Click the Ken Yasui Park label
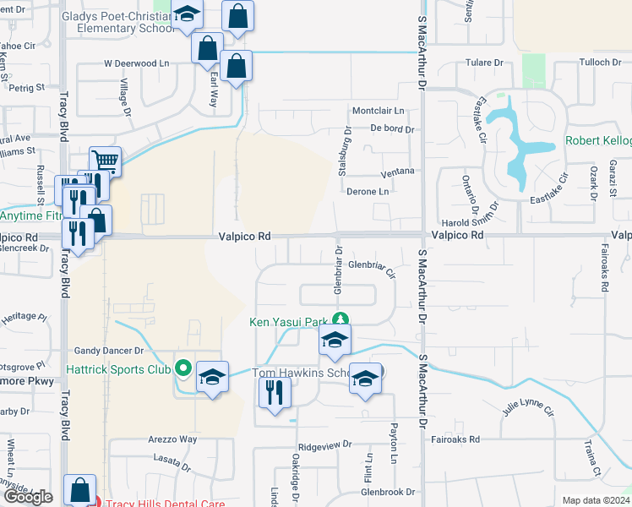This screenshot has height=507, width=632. tap(287, 322)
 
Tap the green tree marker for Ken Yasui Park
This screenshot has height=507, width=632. tap(340, 320)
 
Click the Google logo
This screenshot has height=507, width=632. tap(28, 497)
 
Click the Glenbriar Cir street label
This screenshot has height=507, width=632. tap(372, 268)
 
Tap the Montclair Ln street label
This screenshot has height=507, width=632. tap(378, 111)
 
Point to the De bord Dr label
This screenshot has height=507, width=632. tap(392, 129)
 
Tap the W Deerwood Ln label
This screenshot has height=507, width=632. tap(136, 63)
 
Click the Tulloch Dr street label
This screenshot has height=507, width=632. tap(600, 63)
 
